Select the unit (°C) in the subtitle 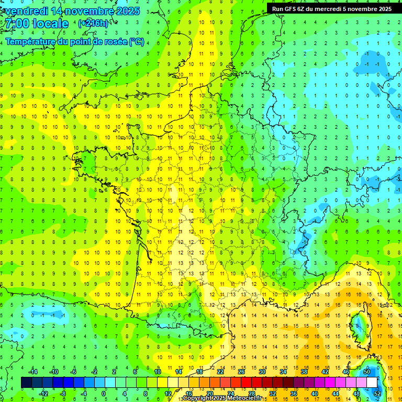tap(137, 41)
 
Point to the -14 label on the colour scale tap(33, 372)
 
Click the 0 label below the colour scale tap(103, 394)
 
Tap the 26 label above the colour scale tap(241, 372)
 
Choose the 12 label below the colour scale tap(168, 394)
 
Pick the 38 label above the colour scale tap(304, 372)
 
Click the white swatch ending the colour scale tap(372, 383)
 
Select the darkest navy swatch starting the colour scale tap(26, 383)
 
